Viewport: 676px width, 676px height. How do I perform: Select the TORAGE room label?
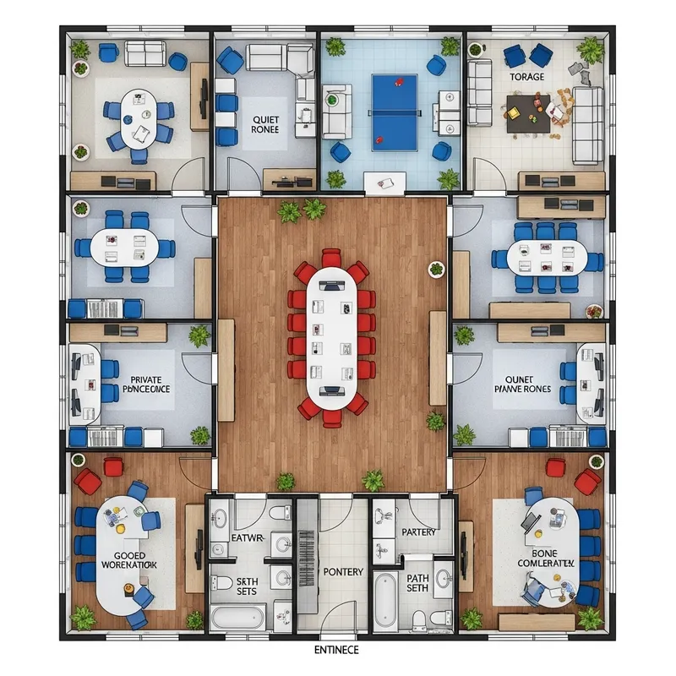[527, 77]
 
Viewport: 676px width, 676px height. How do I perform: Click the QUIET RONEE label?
[264, 125]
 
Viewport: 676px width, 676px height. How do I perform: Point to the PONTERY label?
[343, 572]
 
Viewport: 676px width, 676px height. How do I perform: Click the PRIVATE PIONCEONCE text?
[140, 385]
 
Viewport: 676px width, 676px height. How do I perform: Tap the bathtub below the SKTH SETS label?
[238, 617]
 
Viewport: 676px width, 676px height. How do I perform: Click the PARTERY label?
[419, 532]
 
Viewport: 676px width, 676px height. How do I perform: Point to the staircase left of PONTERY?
[306, 558]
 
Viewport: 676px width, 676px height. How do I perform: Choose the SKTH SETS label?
[247, 585]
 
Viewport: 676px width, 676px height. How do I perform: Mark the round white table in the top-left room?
[137, 117]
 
